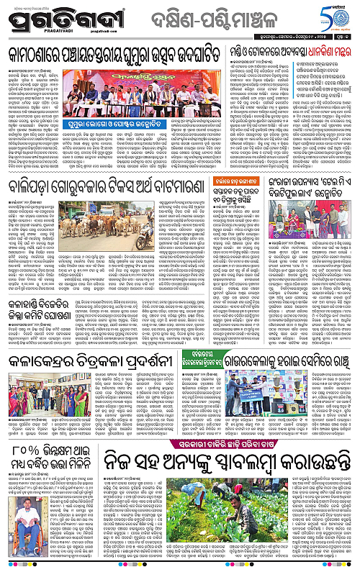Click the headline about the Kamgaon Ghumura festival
click(113, 55)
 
